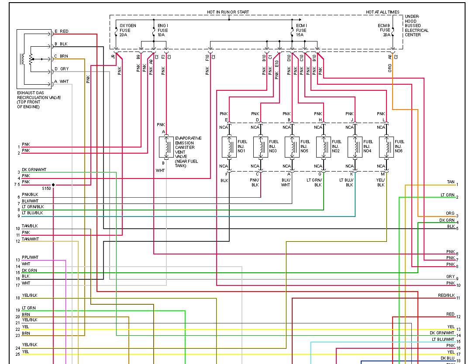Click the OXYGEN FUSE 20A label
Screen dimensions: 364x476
(x=127, y=30)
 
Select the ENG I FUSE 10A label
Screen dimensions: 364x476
(x=163, y=30)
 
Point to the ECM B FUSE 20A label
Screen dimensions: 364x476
(x=384, y=30)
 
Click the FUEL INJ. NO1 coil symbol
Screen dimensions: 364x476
(x=229, y=147)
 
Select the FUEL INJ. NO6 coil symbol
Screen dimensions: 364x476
(x=386, y=147)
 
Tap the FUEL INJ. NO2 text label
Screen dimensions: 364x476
(x=336, y=146)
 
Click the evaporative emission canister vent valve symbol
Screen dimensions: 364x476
(x=166, y=147)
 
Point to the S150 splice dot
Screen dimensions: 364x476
(x=53, y=185)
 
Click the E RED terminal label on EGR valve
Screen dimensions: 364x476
(x=61, y=31)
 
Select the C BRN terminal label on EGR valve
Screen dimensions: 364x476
(x=61, y=56)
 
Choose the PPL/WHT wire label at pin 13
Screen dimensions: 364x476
(x=30, y=258)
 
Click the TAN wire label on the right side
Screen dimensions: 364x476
(x=450, y=182)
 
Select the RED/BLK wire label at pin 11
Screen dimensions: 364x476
(x=446, y=295)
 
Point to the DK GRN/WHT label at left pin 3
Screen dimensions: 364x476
(x=34, y=169)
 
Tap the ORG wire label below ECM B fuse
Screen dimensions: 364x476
(x=390, y=68)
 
